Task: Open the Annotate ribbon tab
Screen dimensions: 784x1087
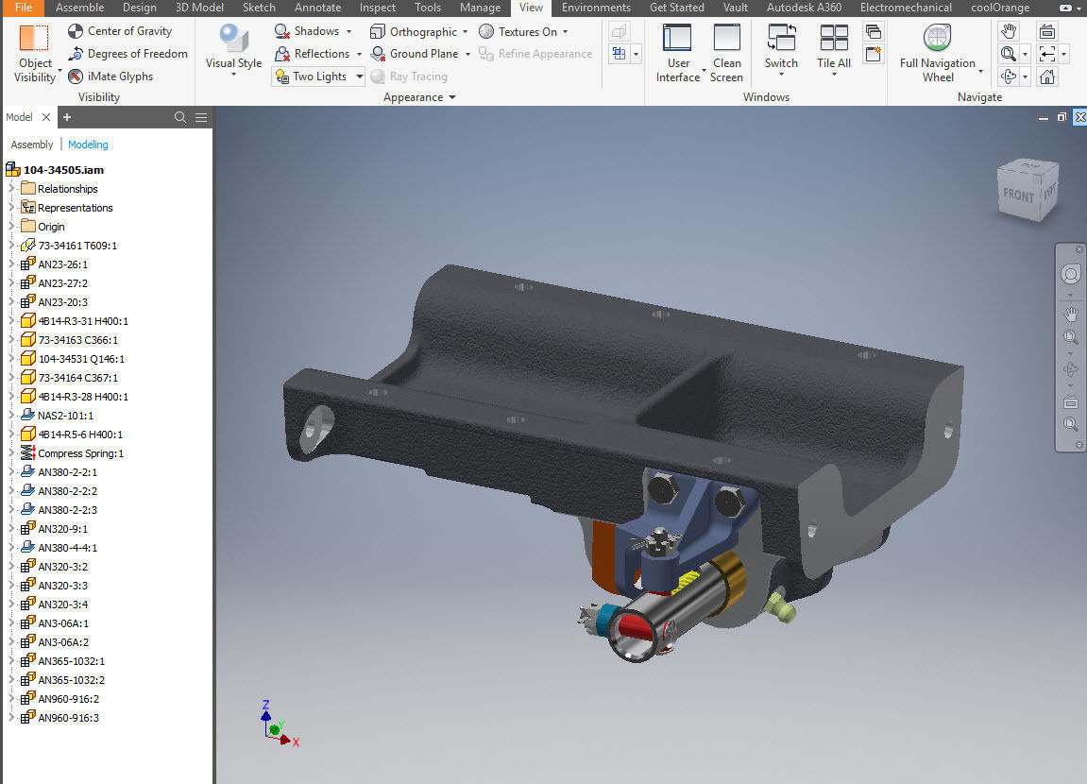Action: point(317,8)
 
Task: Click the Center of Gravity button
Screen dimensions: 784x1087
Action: point(120,31)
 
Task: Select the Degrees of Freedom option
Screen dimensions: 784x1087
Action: point(127,54)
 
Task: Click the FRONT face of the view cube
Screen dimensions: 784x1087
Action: point(1018,196)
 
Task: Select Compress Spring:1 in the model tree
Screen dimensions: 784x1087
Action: point(80,453)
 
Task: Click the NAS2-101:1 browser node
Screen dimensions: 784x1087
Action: point(65,416)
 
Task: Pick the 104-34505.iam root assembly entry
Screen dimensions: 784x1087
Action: point(62,170)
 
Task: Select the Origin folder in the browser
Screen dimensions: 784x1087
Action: point(51,227)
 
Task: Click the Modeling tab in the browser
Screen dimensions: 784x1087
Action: point(88,145)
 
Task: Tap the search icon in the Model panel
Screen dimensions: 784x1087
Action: point(180,118)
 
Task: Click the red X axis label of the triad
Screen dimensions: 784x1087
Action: point(296,742)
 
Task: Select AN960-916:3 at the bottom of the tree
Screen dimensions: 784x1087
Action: point(68,718)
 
